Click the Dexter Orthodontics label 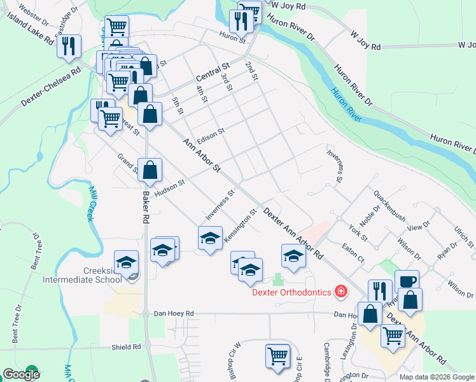click(291, 292)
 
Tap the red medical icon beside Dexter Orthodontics click(342, 292)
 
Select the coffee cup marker click(407, 281)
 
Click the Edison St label click(211, 135)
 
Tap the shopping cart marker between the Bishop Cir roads click(277, 357)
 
